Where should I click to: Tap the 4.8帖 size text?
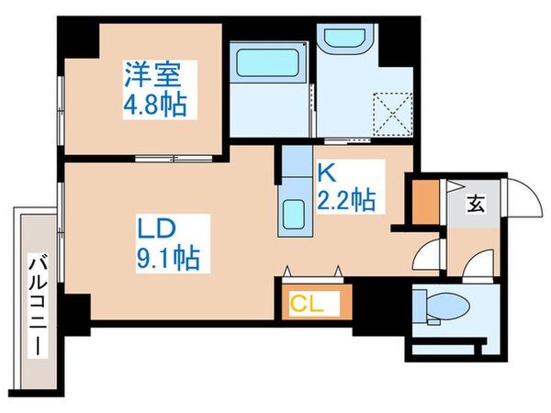point(155,104)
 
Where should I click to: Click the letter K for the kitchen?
point(324,170)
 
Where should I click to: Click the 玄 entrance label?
point(479,204)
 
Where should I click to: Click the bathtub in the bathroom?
point(264,66)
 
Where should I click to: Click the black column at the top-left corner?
point(78,37)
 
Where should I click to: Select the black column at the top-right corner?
point(396,41)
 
